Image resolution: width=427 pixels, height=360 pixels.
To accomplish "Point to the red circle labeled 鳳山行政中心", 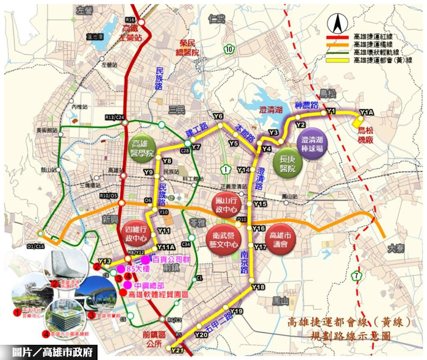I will tap(224, 204).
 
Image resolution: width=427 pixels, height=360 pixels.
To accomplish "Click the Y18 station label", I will tap(258, 286).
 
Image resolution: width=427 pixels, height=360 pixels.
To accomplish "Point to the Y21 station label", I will tap(178, 350).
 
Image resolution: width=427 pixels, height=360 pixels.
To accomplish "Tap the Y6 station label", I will tap(218, 116).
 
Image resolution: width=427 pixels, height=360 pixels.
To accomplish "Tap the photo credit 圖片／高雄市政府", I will tap(56, 352).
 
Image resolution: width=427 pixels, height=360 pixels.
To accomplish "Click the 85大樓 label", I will tap(138, 269).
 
